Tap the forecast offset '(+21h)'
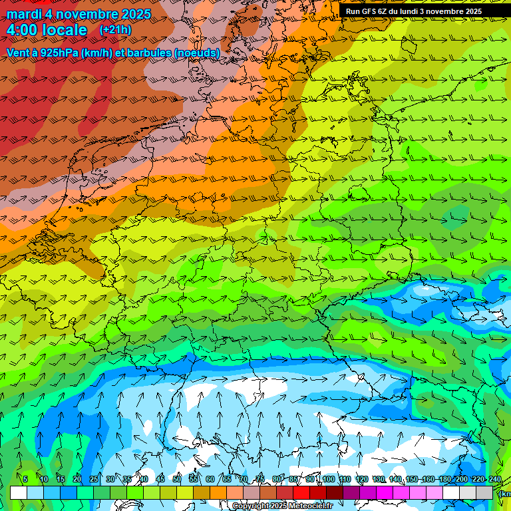coord(115,30)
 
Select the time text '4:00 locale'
coord(47,30)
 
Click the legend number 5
coord(25,479)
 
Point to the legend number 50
coord(177,479)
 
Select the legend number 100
coord(328,479)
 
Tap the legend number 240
coord(495,479)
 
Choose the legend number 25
coord(94,479)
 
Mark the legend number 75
coord(260,479)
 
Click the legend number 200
coord(461,479)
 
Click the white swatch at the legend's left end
coord(19,492)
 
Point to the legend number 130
coord(379,479)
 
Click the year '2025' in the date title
coord(132,14)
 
